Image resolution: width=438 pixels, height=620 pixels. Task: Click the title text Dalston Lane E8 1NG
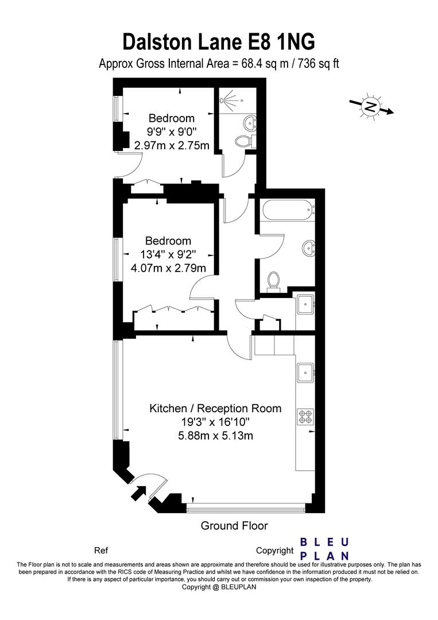pos(219,42)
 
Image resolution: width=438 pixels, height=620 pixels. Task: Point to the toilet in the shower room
pos(244,141)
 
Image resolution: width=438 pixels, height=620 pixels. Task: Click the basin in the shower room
pos(250,122)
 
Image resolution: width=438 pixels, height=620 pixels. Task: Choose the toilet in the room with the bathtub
pos(274,282)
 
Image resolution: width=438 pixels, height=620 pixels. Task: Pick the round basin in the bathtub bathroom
pos(308,249)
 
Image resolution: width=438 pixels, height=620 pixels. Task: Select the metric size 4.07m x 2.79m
pos(168,268)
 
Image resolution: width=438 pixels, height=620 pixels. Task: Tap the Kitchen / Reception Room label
pos(215,409)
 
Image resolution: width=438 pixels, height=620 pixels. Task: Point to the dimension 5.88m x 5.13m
pos(215,436)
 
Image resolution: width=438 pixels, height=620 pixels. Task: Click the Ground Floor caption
pos(234,525)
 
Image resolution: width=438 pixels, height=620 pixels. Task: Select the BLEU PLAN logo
pos(325,549)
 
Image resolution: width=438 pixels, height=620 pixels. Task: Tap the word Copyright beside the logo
pos(274,551)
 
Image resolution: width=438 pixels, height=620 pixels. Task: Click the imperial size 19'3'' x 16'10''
pos(215,423)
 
